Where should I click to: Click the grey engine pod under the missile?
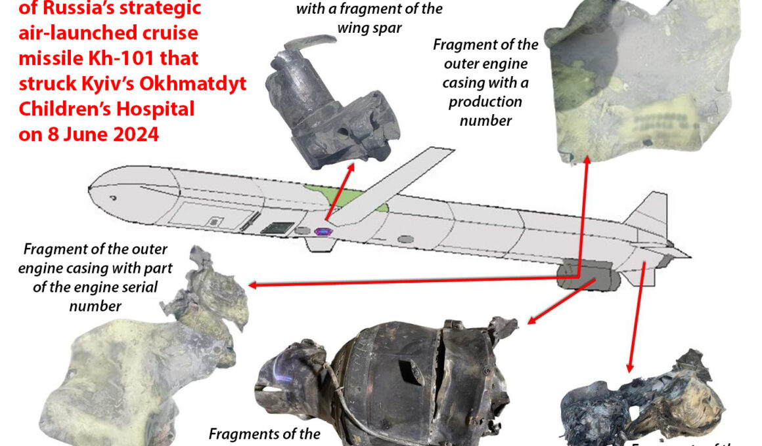point(588,276)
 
